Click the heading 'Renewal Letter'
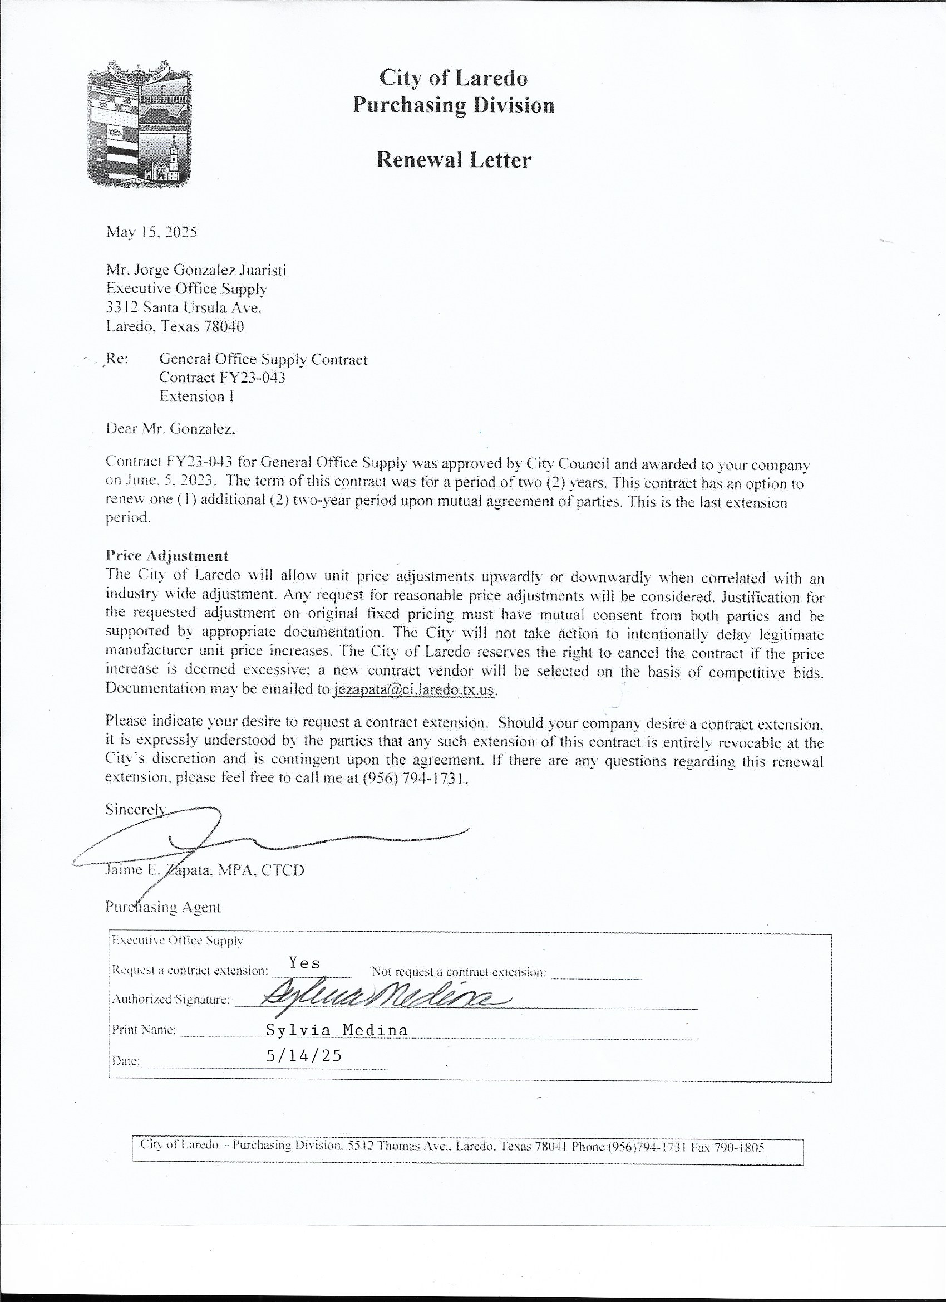click(453, 160)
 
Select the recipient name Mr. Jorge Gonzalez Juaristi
click(196, 270)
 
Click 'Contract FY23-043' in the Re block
click(222, 378)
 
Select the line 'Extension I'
click(196, 397)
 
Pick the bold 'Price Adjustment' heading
click(167, 556)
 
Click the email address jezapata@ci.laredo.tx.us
click(413, 689)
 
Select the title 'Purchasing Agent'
click(163, 908)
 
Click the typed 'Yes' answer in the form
click(304, 963)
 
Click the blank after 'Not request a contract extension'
click(597, 972)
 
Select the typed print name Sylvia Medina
click(337, 1030)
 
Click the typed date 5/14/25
click(304, 1055)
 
